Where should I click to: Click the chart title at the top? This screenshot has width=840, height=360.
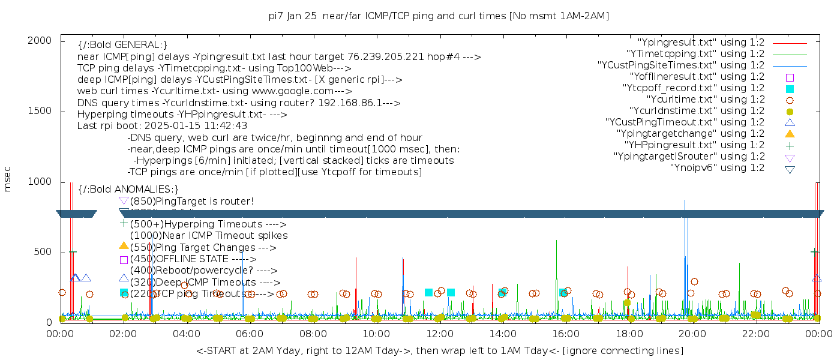coord(439,16)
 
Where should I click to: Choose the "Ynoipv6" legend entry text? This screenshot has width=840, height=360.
coord(717,168)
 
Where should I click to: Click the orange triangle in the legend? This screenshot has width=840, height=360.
coord(790,134)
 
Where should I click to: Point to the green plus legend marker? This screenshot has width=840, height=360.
coord(790,145)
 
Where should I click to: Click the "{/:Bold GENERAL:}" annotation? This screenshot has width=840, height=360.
coord(122,45)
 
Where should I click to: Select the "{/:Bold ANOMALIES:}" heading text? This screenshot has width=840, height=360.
coord(128,190)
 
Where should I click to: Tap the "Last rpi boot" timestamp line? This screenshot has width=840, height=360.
coord(162,126)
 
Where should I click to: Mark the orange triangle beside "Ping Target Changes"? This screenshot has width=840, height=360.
coord(124,245)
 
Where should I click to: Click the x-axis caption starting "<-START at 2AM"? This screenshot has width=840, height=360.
coord(439,350)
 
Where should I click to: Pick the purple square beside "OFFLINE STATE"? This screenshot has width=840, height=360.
coord(124,260)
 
